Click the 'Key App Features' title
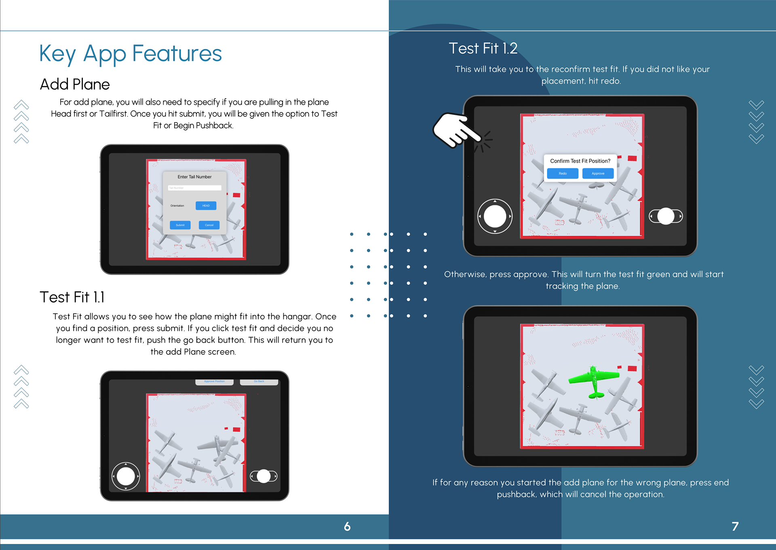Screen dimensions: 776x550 (131, 54)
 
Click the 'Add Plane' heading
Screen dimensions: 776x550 (75, 85)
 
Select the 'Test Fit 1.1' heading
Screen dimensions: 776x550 (72, 297)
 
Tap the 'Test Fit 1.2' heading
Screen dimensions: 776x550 (483, 49)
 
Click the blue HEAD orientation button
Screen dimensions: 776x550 (206, 205)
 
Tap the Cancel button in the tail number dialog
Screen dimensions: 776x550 (209, 225)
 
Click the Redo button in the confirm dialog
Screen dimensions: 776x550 (563, 173)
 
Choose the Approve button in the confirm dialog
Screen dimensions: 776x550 (598, 173)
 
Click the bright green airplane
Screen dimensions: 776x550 (593, 380)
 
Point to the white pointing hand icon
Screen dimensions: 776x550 (455, 129)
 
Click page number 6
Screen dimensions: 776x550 (347, 526)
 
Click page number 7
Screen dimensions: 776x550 (735, 526)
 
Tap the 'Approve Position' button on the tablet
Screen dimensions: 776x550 (214, 381)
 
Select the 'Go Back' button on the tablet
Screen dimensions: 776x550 (259, 381)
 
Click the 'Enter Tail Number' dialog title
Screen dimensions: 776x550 (194, 177)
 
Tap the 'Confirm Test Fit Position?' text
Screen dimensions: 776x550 (580, 161)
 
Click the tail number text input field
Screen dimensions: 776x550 (194, 188)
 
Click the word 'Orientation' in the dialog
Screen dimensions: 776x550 (177, 205)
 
